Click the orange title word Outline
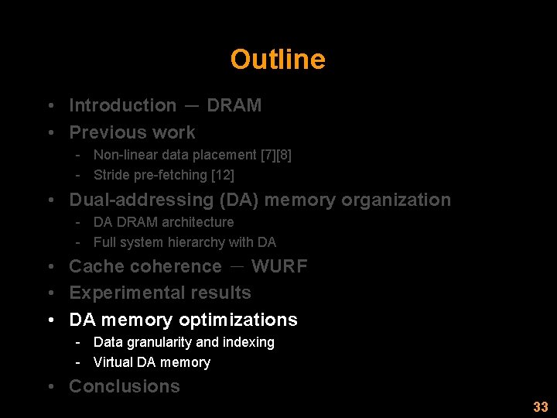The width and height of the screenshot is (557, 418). pos(278,60)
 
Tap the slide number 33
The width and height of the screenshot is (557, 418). pos(540,407)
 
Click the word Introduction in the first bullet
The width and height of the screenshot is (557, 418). pos(123,105)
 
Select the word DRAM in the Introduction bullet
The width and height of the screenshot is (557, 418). pos(234,105)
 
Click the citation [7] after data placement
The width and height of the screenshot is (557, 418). pos(271,155)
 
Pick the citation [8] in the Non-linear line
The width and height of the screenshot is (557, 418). pos(284,155)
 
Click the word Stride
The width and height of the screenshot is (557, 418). pos(111,175)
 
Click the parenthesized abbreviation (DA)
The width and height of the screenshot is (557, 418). pos(240,200)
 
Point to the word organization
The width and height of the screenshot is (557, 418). pos(396,200)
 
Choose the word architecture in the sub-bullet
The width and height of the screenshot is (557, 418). pos(198,222)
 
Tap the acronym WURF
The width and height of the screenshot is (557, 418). pos(279,266)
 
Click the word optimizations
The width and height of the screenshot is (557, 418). pos(238,320)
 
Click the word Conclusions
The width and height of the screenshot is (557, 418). pos(125,386)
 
